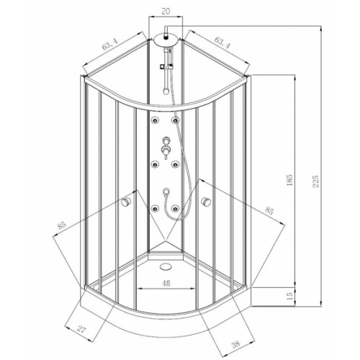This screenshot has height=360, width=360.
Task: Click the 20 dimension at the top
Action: point(167,12)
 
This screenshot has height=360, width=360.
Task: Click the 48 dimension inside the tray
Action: point(167,283)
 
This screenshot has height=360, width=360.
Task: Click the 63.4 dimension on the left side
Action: point(111,47)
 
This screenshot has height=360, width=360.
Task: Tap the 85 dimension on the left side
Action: point(63,227)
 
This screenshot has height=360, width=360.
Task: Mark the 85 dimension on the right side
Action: point(269,210)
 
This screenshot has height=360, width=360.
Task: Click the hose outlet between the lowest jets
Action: point(167,192)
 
